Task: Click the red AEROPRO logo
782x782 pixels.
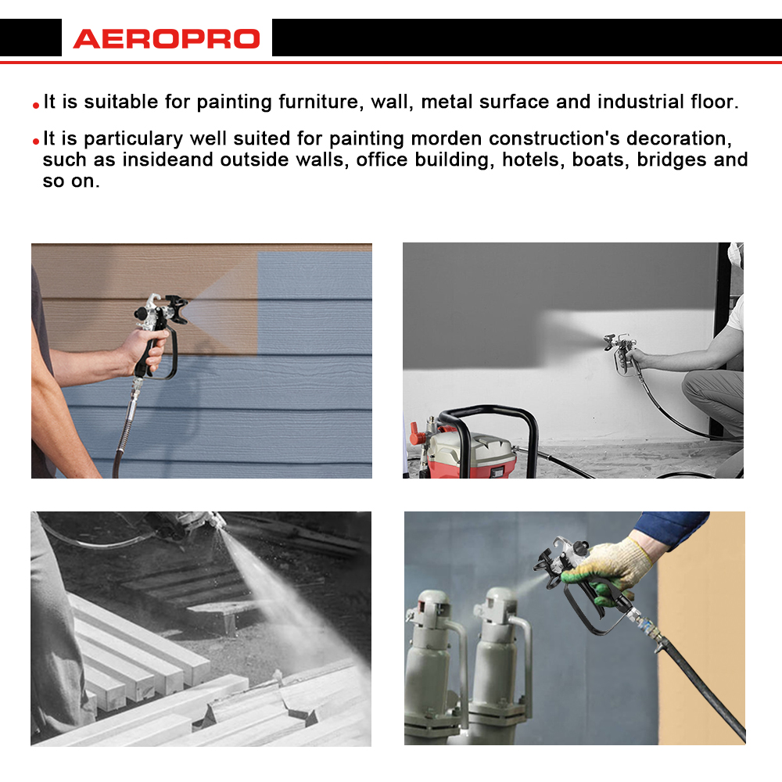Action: click(x=167, y=39)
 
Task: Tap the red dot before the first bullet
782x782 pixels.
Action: click(x=36, y=106)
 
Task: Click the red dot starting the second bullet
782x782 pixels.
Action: click(x=36, y=142)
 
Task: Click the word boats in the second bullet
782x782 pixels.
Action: click(x=601, y=160)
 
